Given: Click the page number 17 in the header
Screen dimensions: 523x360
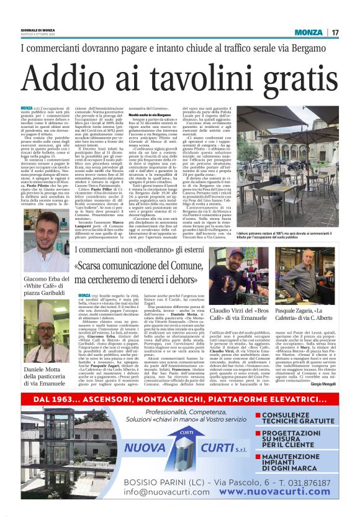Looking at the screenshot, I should pyautogui.click(x=334, y=32).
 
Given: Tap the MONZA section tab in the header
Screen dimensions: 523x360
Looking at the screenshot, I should pyautogui.click(x=308, y=32).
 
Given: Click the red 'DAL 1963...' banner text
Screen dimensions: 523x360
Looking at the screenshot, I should pyautogui.click(x=180, y=399).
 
